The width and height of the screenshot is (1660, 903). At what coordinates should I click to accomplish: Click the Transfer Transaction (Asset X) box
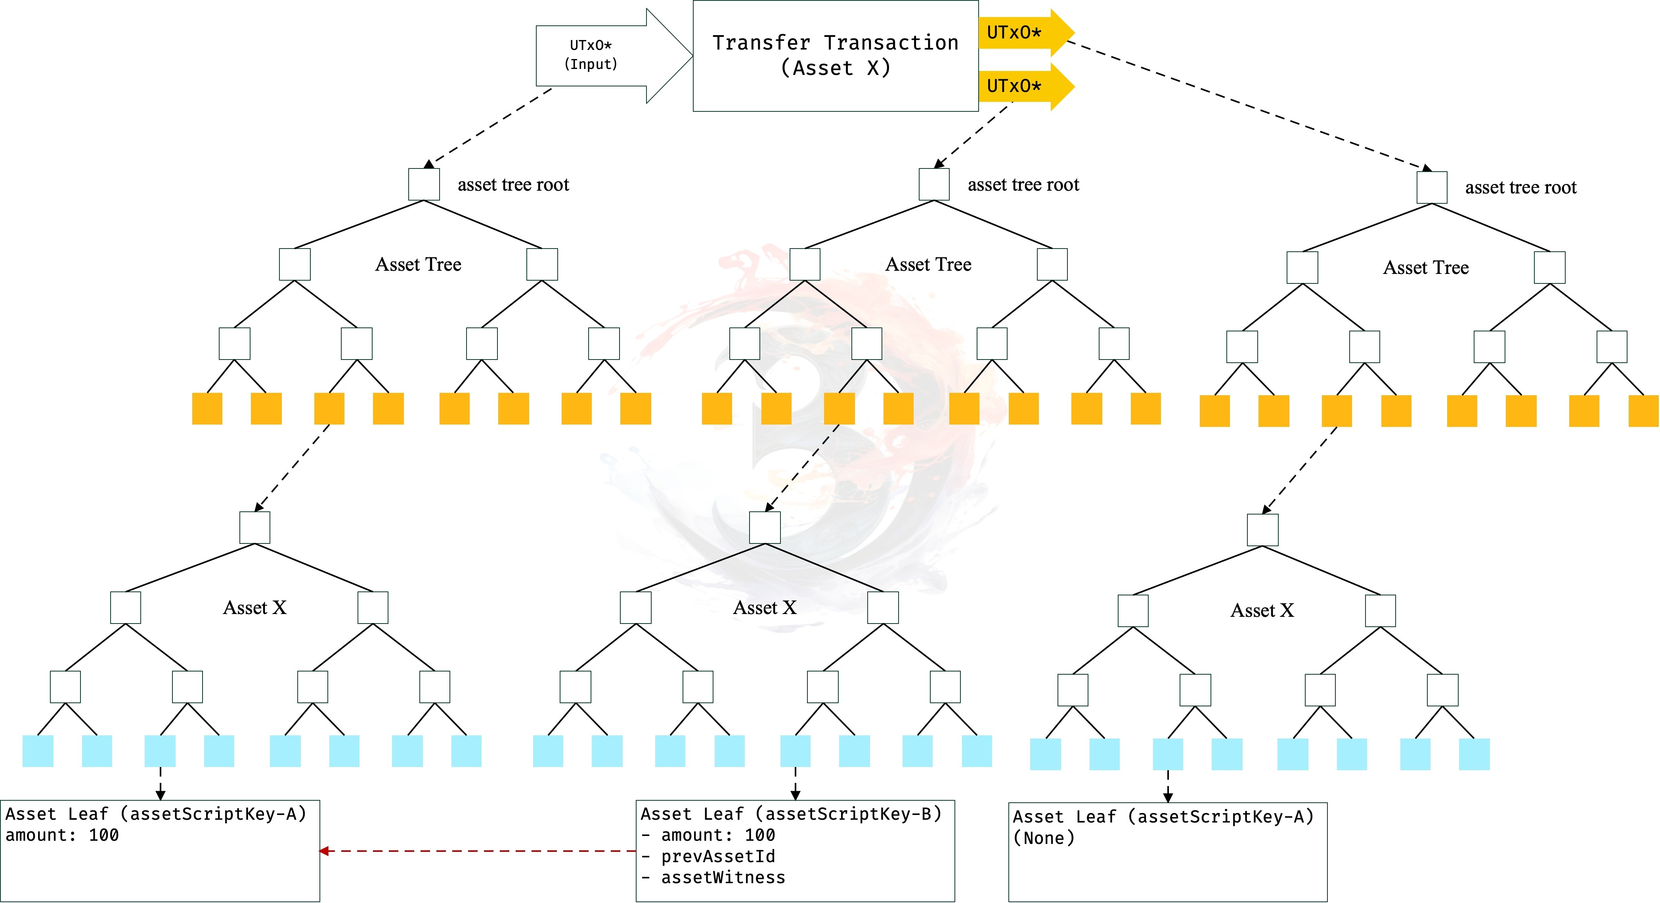click(835, 56)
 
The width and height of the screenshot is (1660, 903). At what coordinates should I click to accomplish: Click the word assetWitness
click(723, 877)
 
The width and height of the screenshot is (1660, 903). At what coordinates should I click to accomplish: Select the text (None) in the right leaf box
click(1044, 838)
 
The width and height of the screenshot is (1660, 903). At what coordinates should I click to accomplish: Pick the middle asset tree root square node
click(934, 184)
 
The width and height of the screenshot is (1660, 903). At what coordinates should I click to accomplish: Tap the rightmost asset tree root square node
click(1432, 187)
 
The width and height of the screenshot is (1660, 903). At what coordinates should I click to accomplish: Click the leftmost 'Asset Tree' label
click(418, 264)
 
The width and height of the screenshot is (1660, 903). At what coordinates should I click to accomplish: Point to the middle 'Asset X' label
click(765, 607)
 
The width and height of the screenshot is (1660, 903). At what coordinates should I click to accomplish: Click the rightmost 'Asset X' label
click(1262, 610)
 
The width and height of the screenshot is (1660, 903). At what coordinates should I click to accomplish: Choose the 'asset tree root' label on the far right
click(1521, 187)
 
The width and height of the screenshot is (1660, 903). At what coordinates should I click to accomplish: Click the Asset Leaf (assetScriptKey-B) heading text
click(791, 814)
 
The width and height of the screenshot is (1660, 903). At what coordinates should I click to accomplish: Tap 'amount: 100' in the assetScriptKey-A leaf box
click(62, 835)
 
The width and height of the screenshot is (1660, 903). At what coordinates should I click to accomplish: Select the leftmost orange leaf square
click(207, 409)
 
